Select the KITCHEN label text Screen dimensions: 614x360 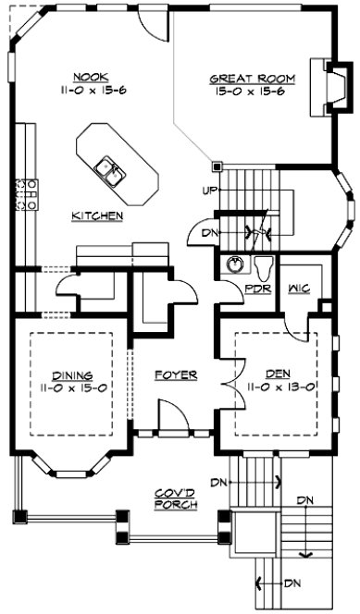[x=98, y=215]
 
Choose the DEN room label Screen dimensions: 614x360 [x=278, y=373]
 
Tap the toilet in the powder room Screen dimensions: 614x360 [x=264, y=267]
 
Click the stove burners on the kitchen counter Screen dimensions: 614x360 [x=18, y=195]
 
